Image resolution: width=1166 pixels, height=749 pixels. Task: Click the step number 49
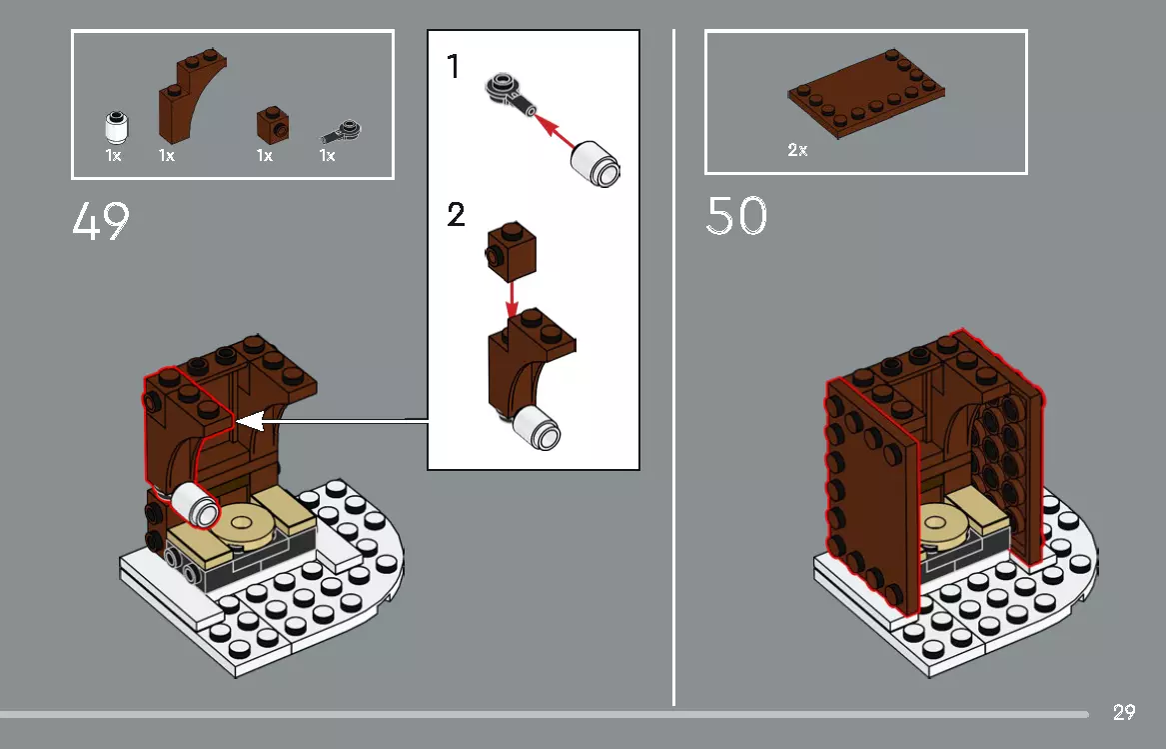tap(101, 222)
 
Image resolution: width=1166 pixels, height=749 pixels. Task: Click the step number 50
tap(736, 216)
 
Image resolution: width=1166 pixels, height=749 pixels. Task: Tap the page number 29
tap(1123, 713)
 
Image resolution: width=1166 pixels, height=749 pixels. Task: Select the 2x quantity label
tap(797, 150)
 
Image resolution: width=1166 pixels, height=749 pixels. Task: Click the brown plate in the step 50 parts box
tap(866, 96)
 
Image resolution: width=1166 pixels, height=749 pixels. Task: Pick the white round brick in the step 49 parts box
tap(115, 127)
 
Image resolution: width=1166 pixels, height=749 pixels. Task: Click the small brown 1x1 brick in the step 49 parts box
tap(271, 123)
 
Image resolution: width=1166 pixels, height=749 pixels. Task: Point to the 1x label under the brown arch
tap(166, 156)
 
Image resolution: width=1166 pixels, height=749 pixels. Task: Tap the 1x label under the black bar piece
tap(327, 156)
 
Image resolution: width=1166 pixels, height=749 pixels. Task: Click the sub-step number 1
tap(455, 67)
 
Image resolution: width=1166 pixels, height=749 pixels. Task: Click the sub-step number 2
tap(457, 214)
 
